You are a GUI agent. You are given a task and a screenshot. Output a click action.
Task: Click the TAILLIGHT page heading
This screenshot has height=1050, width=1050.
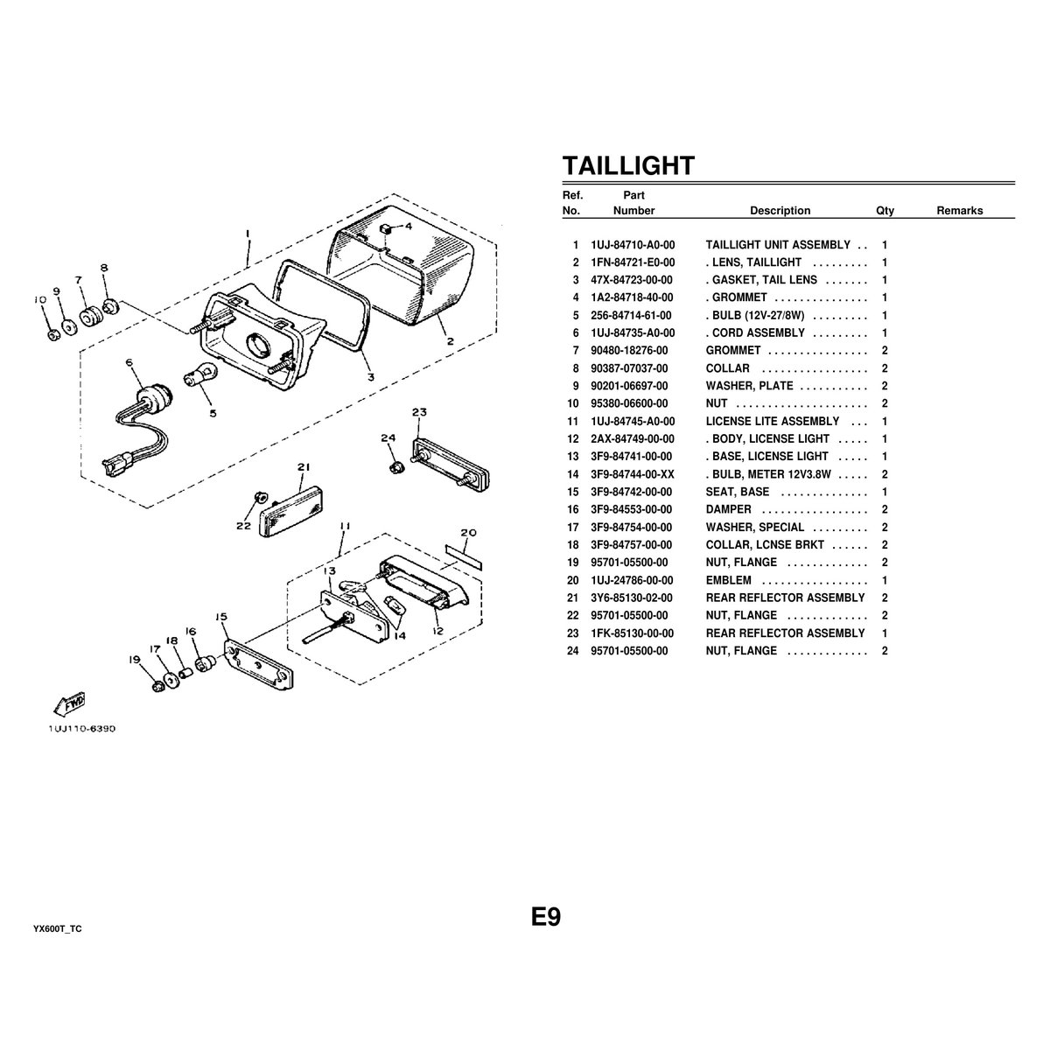(628, 165)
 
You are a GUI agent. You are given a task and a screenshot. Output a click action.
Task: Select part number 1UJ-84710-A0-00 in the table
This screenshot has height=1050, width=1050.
(633, 245)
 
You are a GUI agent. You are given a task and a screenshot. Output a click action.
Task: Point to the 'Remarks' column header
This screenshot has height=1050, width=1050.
(959, 211)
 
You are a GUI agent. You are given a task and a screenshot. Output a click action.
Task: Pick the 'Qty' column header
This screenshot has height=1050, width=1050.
(885, 211)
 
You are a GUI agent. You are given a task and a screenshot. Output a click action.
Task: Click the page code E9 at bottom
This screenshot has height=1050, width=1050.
(545, 917)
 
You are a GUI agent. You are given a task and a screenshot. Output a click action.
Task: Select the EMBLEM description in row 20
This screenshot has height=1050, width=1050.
(729, 580)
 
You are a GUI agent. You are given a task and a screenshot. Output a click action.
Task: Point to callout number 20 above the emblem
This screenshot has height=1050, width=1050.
(468, 532)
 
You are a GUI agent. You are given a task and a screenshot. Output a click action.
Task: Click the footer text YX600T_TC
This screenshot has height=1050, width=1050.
(58, 928)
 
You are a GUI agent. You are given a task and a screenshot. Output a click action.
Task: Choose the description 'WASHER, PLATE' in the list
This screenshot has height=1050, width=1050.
(749, 386)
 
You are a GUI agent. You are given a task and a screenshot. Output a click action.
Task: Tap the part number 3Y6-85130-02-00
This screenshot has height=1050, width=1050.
(632, 598)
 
